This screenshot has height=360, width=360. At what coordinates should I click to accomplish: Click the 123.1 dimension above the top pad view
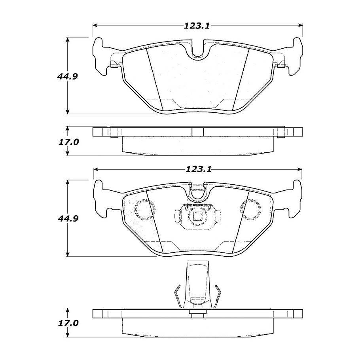(197, 26)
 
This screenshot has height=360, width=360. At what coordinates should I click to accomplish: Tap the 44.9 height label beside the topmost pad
(66, 76)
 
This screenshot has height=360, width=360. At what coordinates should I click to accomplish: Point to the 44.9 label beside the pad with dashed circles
(66, 219)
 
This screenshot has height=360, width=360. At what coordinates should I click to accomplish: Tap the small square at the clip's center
(197, 216)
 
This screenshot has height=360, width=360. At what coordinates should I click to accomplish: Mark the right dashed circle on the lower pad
(250, 209)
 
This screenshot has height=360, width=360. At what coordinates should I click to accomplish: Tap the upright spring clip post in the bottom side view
(197, 285)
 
